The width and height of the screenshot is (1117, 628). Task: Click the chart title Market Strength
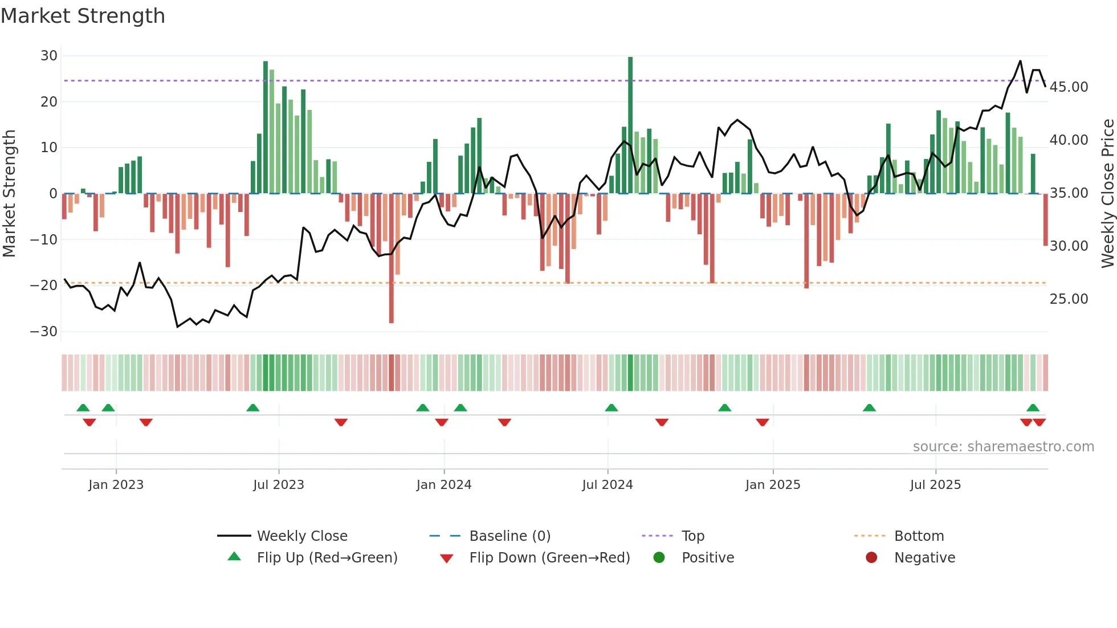click(x=83, y=16)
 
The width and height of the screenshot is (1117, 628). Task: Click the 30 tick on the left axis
click(x=49, y=56)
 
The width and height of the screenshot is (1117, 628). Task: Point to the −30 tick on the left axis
click(x=44, y=332)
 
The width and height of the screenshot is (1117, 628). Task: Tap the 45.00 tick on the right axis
click(x=1069, y=87)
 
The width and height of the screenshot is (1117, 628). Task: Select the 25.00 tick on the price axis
click(x=1069, y=299)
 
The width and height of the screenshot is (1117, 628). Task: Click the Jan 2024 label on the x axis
click(x=444, y=485)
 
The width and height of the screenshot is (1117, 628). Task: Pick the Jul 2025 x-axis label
click(x=935, y=485)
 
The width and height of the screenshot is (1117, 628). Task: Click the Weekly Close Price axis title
click(x=1107, y=194)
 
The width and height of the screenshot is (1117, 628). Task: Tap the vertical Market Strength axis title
click(x=9, y=194)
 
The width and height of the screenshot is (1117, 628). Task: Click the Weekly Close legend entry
click(x=302, y=536)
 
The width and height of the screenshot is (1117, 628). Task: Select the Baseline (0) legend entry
click(x=509, y=536)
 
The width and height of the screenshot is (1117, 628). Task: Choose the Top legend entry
click(x=693, y=536)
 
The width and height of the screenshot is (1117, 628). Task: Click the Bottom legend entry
click(x=919, y=536)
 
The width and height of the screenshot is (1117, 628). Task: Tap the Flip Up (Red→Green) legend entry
click(x=327, y=558)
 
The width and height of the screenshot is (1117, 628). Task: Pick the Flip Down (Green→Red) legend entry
click(x=549, y=558)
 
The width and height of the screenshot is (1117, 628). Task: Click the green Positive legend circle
click(x=659, y=558)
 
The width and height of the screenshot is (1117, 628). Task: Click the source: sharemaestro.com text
click(x=1003, y=447)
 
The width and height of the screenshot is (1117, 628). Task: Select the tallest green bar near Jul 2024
click(x=630, y=125)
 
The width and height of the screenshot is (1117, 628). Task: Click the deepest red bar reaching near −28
click(x=392, y=259)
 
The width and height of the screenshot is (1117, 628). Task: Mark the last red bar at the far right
click(x=1045, y=219)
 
